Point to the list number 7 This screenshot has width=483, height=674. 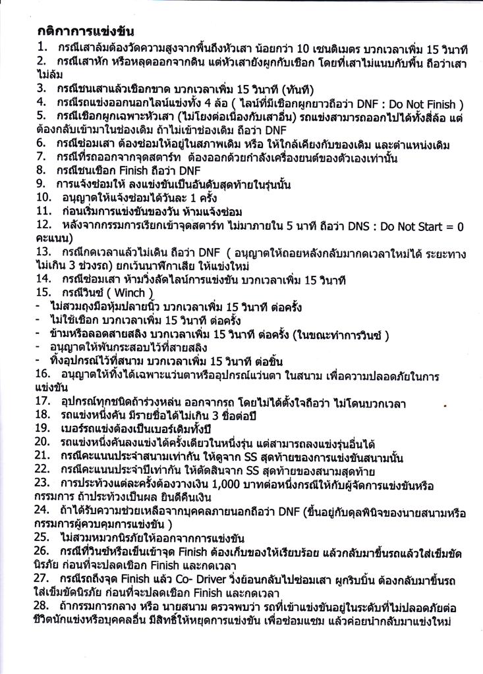[41, 156]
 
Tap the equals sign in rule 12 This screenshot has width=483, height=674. [450, 226]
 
